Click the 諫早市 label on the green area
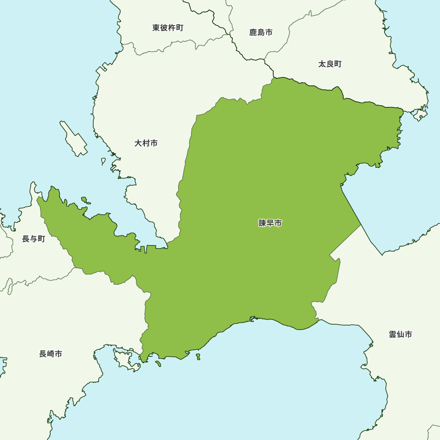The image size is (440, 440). pyautogui.click(x=270, y=223)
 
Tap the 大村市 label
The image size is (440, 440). pyautogui.click(x=146, y=143)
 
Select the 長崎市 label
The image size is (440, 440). pyautogui.click(x=51, y=354)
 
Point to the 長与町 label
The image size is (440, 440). pyautogui.click(x=33, y=239)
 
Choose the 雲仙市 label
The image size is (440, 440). pyautogui.click(x=400, y=334)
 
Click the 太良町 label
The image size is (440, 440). pyautogui.click(x=330, y=64)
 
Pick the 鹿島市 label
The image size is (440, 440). pyautogui.click(x=261, y=32)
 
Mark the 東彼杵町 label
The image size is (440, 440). pyautogui.click(x=168, y=28)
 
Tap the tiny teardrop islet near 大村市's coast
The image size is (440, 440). pyautogui.click(x=103, y=161)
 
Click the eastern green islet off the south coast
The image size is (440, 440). pyautogui.click(x=198, y=356)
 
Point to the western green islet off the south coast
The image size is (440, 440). pyautogui.click(x=158, y=363)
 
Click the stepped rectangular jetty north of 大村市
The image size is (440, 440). pyautogui.click(x=105, y=68)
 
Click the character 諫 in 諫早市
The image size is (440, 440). pyautogui.click(x=262, y=223)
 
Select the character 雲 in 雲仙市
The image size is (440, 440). pyautogui.click(x=392, y=334)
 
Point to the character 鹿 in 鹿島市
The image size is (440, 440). pyautogui.click(x=253, y=32)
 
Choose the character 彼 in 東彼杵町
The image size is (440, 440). pyautogui.click(x=164, y=28)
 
